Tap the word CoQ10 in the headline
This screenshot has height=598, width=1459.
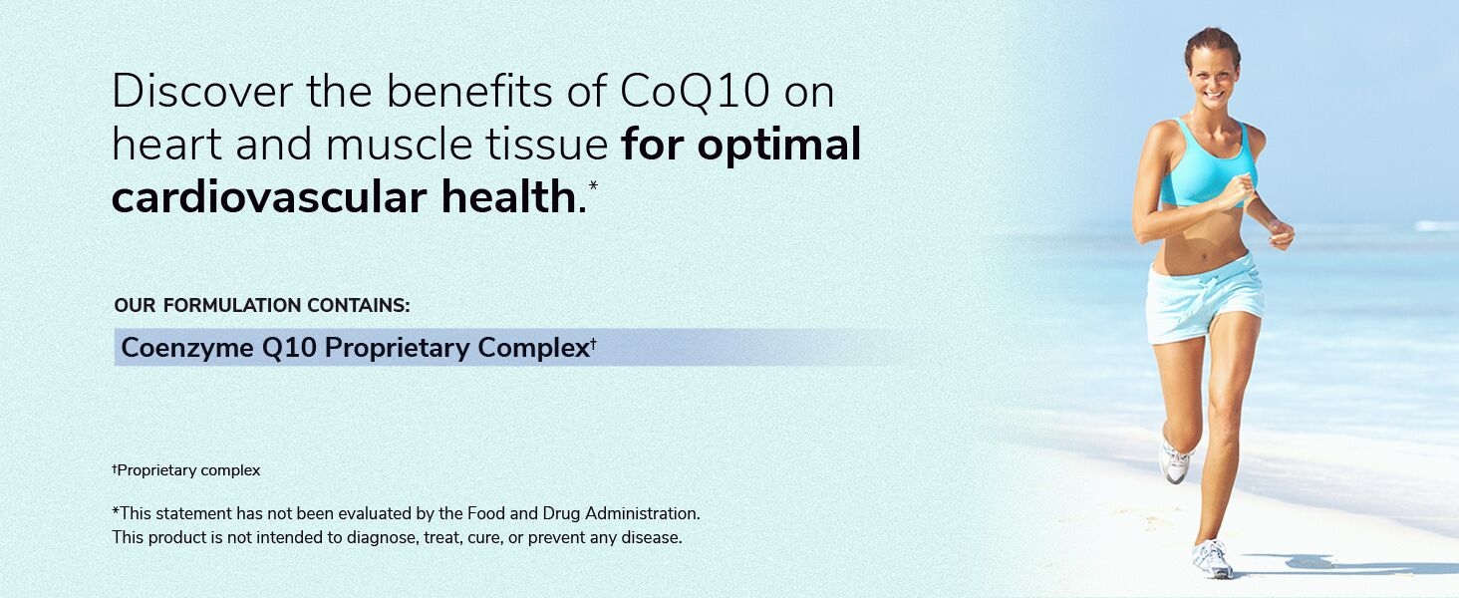pos(695,92)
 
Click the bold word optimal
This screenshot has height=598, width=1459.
pos(779,145)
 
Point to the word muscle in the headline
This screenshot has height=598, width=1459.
pos(392,145)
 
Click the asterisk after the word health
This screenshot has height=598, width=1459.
pos(594,185)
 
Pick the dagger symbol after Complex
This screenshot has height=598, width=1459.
pos(593,343)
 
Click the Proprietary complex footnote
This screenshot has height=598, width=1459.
pos(186,470)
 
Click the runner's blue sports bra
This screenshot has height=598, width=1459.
pos(1206,164)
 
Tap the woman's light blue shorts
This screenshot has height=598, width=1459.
pos(1204,296)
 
